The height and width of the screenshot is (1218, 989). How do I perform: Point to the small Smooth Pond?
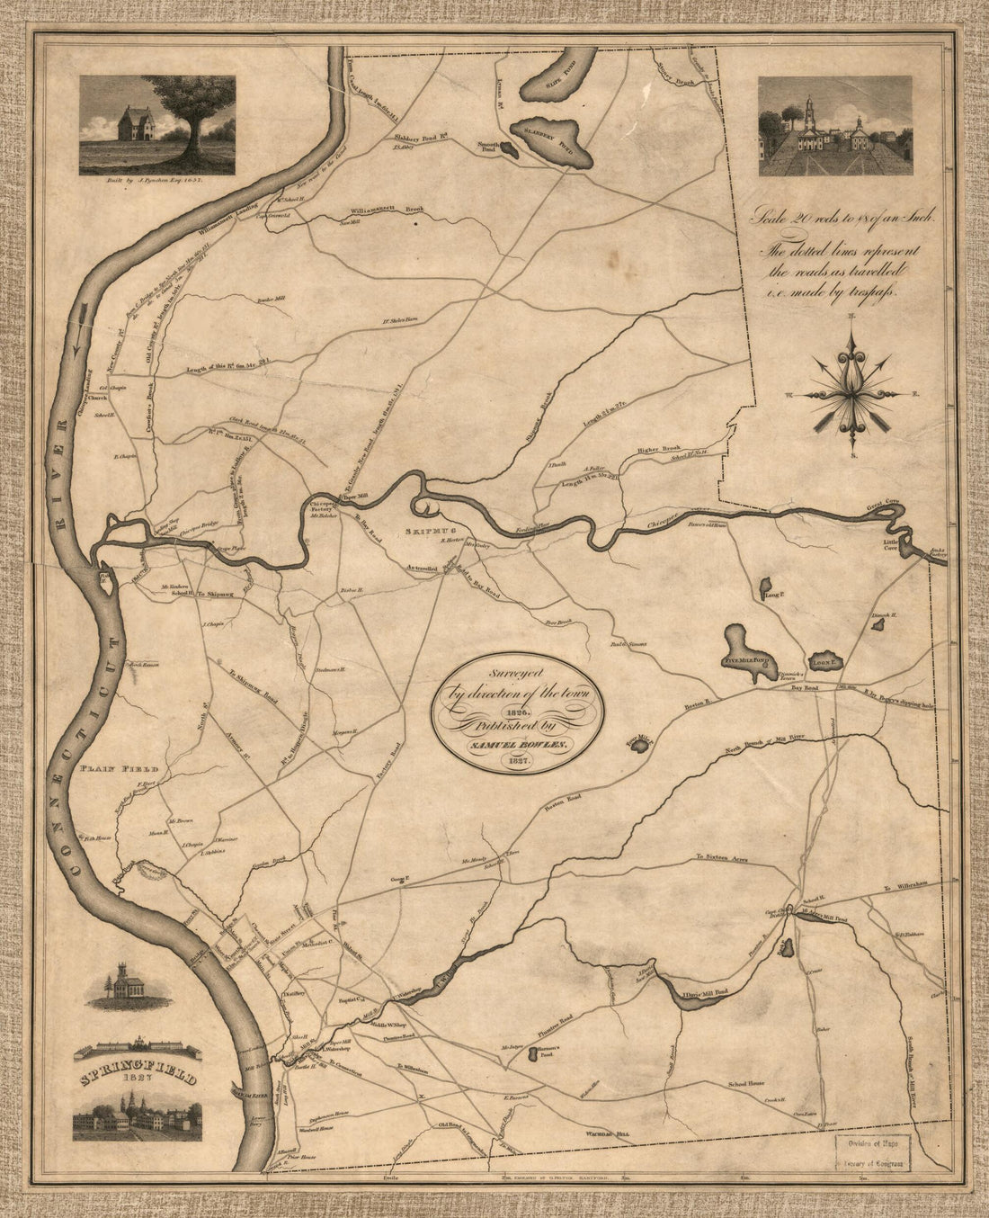pyautogui.click(x=510, y=152)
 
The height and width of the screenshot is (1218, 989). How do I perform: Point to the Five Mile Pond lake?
pyautogui.click(x=743, y=649)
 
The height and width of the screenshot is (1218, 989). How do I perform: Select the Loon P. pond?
pyautogui.click(x=824, y=663)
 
